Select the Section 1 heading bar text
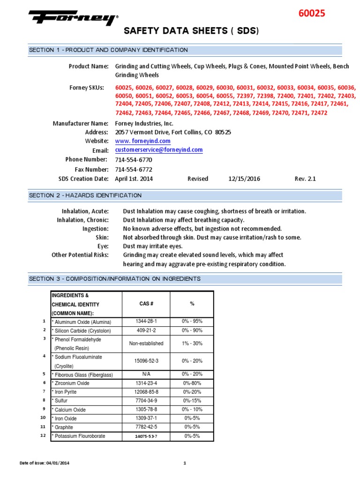click(108, 50)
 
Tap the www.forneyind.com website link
click(143, 141)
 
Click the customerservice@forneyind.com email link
click(159, 150)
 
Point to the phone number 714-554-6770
click(134, 160)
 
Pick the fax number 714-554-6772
click(134, 169)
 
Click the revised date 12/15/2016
click(244, 179)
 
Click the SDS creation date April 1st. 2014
click(134, 179)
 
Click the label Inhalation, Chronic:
click(83, 220)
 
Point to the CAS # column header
click(146, 304)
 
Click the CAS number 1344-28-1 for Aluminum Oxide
click(146, 321)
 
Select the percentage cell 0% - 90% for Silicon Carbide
click(192, 330)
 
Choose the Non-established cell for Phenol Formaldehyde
click(146, 344)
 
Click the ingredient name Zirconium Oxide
click(72, 383)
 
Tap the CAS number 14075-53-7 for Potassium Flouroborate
click(146, 436)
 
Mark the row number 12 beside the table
click(43, 435)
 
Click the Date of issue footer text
click(45, 464)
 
